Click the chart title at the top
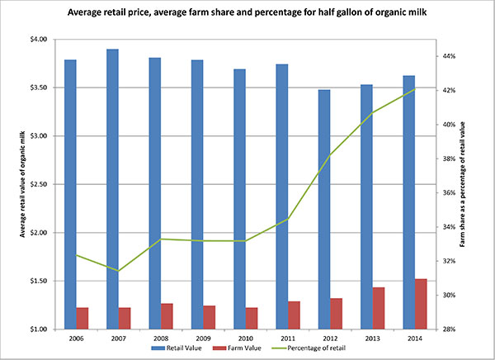point(247,14)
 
